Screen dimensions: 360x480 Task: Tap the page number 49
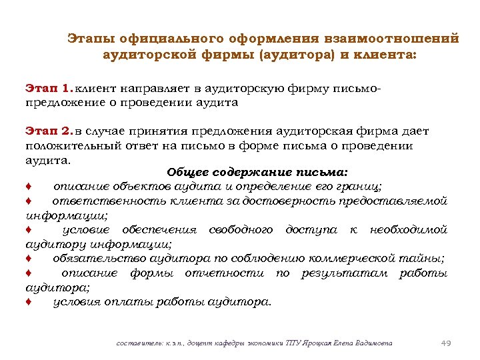[x=446, y=343]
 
